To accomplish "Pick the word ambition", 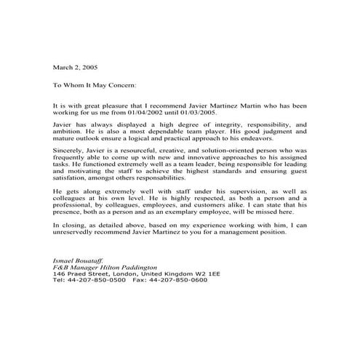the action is (x=70, y=135).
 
